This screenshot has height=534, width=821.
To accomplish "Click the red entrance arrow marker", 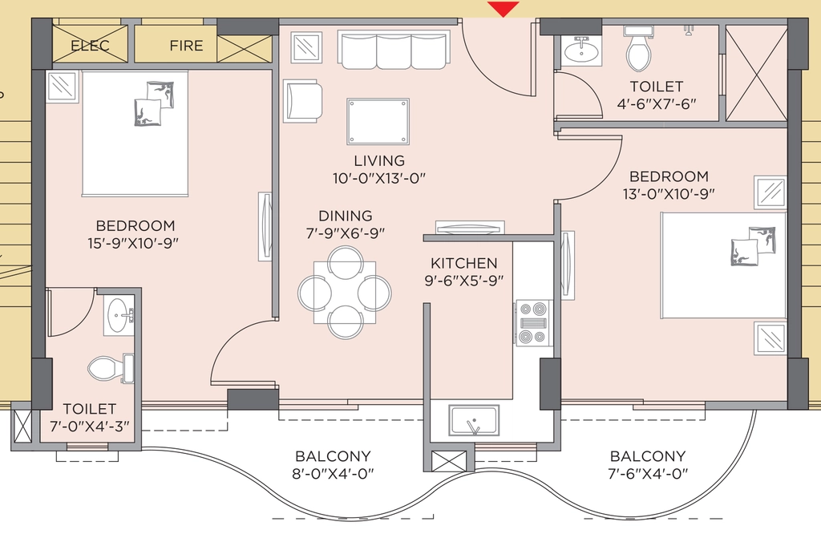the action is tap(504, 8).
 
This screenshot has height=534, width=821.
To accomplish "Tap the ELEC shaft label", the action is tap(90, 46).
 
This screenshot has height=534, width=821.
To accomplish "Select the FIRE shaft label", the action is tap(186, 46).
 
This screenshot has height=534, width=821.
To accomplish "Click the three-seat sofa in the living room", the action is tap(394, 51).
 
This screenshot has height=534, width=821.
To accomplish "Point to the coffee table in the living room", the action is tap(378, 121).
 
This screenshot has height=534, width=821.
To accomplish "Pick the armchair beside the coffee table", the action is tap(302, 101).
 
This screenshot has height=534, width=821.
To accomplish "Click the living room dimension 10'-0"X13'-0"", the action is tap(379, 179).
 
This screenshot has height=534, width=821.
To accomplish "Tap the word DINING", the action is tap(346, 216).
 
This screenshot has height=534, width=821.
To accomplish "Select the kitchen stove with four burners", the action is tap(533, 323).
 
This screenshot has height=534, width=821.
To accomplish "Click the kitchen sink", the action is tap(474, 420).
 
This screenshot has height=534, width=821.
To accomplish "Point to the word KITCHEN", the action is tap(464, 263).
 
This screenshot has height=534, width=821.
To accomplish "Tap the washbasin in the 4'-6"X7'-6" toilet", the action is tap(582, 51).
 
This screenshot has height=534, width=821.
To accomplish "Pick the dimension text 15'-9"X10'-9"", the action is tap(134, 244).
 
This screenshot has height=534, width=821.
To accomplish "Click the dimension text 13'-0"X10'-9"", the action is tap(669, 194).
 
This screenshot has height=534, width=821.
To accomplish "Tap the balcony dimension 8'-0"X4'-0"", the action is tap(333, 474).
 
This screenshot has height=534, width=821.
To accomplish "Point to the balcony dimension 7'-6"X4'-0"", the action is tap(648, 474).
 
